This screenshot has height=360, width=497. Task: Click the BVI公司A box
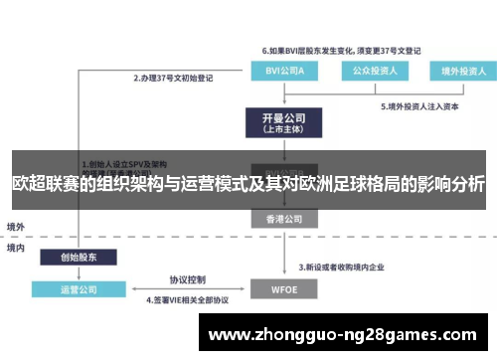click(279, 71)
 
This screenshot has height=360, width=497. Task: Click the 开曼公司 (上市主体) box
click(280, 122)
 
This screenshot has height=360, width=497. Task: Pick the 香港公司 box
click(280, 218)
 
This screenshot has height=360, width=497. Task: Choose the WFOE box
click(280, 290)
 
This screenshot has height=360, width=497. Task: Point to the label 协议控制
click(187, 279)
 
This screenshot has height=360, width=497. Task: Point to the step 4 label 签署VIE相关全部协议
click(187, 299)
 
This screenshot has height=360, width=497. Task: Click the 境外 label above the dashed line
click(17, 227)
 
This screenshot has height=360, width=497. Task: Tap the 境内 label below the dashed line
click(17, 247)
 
